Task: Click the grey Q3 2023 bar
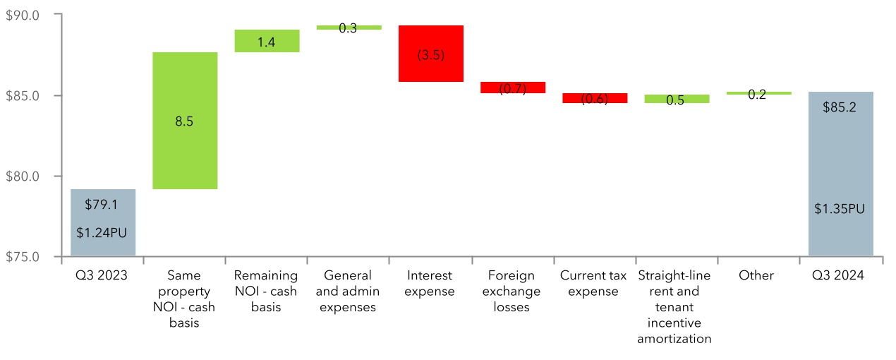point(103,222)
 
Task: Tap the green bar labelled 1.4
point(266,41)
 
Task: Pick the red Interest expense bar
point(431,54)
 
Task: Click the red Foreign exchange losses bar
point(513,88)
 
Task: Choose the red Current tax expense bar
point(595,98)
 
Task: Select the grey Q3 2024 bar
point(840,173)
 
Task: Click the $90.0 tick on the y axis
point(25,15)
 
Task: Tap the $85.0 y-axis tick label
point(25,95)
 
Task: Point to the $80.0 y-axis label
point(25,176)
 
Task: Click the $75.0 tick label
point(25,256)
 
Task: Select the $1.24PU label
point(103,232)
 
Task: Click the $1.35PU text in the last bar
point(840,209)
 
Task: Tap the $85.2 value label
point(840,109)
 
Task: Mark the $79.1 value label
point(103,205)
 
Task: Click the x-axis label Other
point(756,275)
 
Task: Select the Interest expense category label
point(431,283)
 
